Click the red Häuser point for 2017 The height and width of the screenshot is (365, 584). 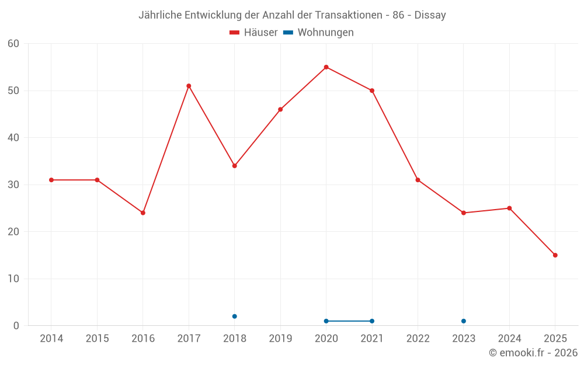[x=189, y=86]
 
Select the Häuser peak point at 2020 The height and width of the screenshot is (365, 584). [x=326, y=67]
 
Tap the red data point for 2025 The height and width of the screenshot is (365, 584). [x=555, y=255]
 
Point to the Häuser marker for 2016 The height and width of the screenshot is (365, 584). [x=142, y=213]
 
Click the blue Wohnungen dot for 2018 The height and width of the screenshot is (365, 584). [x=234, y=317]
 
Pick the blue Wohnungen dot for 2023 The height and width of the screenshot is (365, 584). [x=463, y=321]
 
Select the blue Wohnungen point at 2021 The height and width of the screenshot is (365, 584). [x=371, y=321]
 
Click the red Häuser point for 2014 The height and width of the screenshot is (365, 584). [x=51, y=180]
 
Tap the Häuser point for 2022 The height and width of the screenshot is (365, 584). [x=418, y=180]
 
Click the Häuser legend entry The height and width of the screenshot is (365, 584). [x=253, y=33]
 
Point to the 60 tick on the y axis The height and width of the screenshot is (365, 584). [x=13, y=44]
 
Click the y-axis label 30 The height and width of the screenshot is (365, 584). [x=13, y=185]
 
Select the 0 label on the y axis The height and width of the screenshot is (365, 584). [x=16, y=326]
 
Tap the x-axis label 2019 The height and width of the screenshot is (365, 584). [x=280, y=339]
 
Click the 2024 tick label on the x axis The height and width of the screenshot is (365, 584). [x=509, y=339]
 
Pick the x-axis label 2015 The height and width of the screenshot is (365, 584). [x=97, y=339]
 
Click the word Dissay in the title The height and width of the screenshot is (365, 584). [x=430, y=15]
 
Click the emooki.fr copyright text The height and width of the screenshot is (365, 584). [x=533, y=353]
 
